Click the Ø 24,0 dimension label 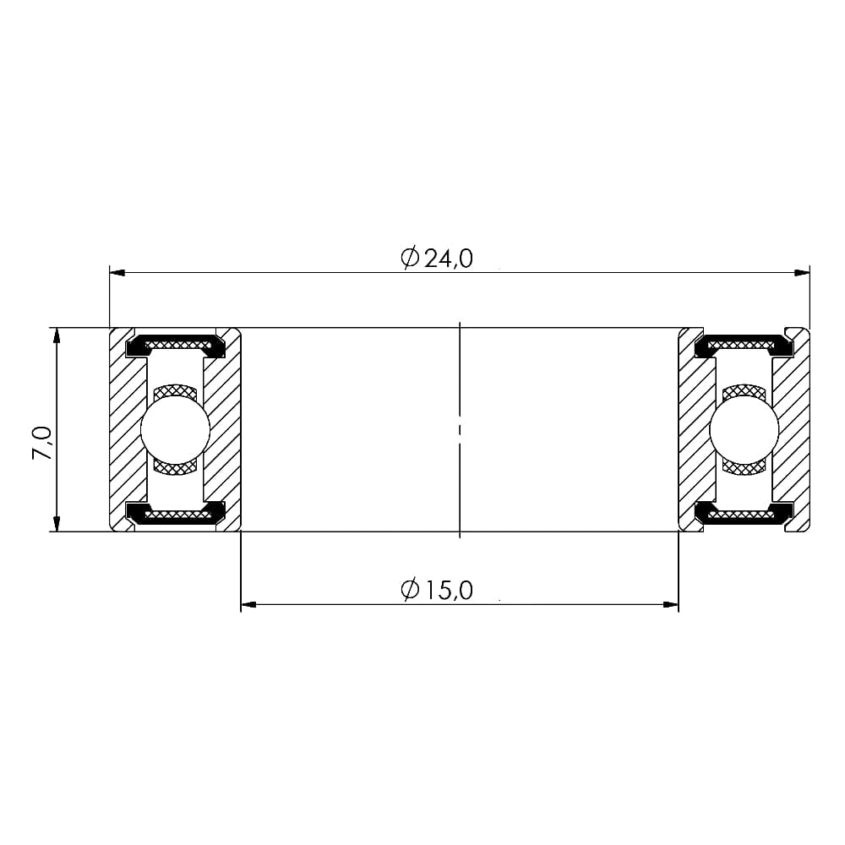tap(437, 258)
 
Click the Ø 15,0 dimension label tap(437, 590)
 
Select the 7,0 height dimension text tap(42, 443)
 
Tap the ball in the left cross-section tap(175, 429)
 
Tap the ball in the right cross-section tap(744, 429)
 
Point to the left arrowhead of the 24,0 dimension tap(117, 273)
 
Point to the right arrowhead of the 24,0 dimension tap(802, 273)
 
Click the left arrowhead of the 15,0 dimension tap(249, 605)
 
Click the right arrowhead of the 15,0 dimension tap(670, 605)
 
